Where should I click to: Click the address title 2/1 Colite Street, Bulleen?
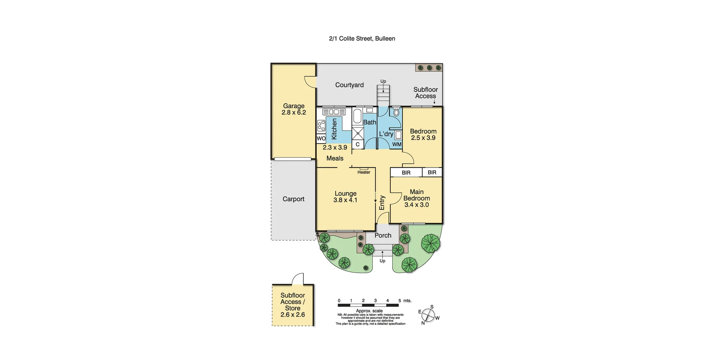coord(362,38)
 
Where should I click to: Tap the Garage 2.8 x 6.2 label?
coord(294,109)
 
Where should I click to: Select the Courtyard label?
coord(349,85)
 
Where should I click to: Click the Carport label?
coord(293,199)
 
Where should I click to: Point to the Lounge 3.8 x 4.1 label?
coord(345,197)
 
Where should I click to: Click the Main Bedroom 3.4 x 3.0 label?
coord(416,198)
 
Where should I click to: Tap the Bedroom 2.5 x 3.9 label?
coord(423,134)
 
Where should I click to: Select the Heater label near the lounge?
coord(364,172)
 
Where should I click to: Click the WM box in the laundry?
coord(397,144)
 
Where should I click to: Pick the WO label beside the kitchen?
coord(321,138)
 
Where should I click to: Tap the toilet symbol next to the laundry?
coord(396,112)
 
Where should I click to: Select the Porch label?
coord(383,235)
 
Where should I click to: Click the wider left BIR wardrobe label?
coord(406,172)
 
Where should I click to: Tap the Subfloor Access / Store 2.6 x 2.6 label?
coord(292,305)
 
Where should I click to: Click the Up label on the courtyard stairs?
coord(383,81)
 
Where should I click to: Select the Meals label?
coord(334,158)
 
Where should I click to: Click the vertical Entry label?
coord(382,202)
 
